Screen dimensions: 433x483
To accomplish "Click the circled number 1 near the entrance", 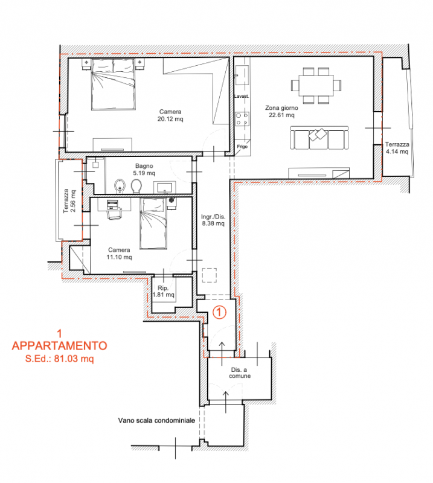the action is tap(219, 312).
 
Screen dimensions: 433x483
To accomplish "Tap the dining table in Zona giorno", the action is tap(316, 85).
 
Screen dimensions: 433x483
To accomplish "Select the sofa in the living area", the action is tap(319, 138).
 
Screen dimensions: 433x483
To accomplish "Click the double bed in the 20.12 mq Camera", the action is tap(114, 84).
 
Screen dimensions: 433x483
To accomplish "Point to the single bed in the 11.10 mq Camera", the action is tap(153, 223).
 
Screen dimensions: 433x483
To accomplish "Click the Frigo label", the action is tap(242, 147).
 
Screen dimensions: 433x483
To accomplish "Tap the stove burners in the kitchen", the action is tap(242, 119).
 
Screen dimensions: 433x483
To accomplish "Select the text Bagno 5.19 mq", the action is tap(144, 170).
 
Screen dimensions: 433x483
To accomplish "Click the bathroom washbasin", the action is tap(165, 187).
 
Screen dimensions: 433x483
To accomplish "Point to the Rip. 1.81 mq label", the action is tap(163, 292).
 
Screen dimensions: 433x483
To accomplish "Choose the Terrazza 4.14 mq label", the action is tap(397, 148).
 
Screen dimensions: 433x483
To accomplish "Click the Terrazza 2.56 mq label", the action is tap(69, 201).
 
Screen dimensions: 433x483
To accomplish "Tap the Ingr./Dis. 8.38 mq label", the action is tap(213, 220).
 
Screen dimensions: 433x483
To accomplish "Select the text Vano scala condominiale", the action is tap(156, 420).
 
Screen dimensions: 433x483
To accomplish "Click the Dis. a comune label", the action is tap(240, 373).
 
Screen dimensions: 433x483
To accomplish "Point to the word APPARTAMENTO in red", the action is tap(59, 345).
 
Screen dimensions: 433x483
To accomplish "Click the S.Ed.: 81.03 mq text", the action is tap(59, 359).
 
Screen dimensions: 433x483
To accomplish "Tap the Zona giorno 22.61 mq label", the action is tap(281, 112).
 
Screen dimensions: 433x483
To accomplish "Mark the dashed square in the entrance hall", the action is tap(210, 275).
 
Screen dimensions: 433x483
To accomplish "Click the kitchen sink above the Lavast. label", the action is tap(242, 75).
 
